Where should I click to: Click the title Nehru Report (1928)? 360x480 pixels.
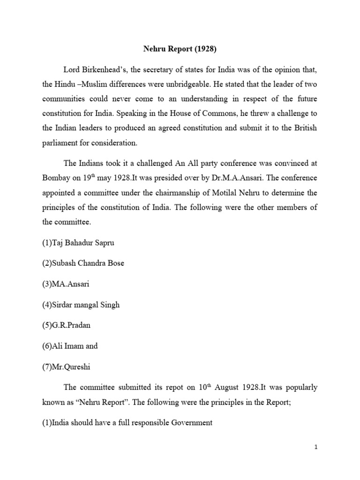[x=180, y=48]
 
